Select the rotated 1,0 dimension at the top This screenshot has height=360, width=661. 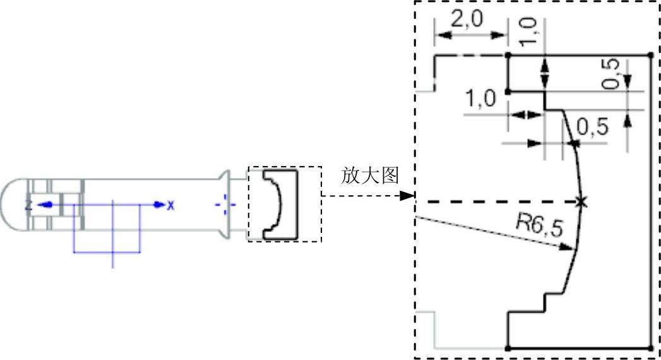click(x=530, y=31)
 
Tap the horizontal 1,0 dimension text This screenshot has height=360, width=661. click(x=480, y=99)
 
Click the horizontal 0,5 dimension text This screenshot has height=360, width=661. click(x=593, y=128)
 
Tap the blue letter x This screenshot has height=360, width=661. click(x=170, y=205)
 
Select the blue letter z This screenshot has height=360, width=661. click(x=28, y=205)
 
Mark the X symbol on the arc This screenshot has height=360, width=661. click(x=581, y=202)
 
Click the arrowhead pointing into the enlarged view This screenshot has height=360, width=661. click(x=407, y=196)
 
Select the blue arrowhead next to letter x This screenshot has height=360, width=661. click(x=159, y=205)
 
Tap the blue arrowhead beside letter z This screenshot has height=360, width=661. click(x=42, y=205)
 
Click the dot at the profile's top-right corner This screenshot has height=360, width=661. click(x=651, y=56)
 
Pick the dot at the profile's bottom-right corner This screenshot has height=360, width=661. click(x=651, y=347)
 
